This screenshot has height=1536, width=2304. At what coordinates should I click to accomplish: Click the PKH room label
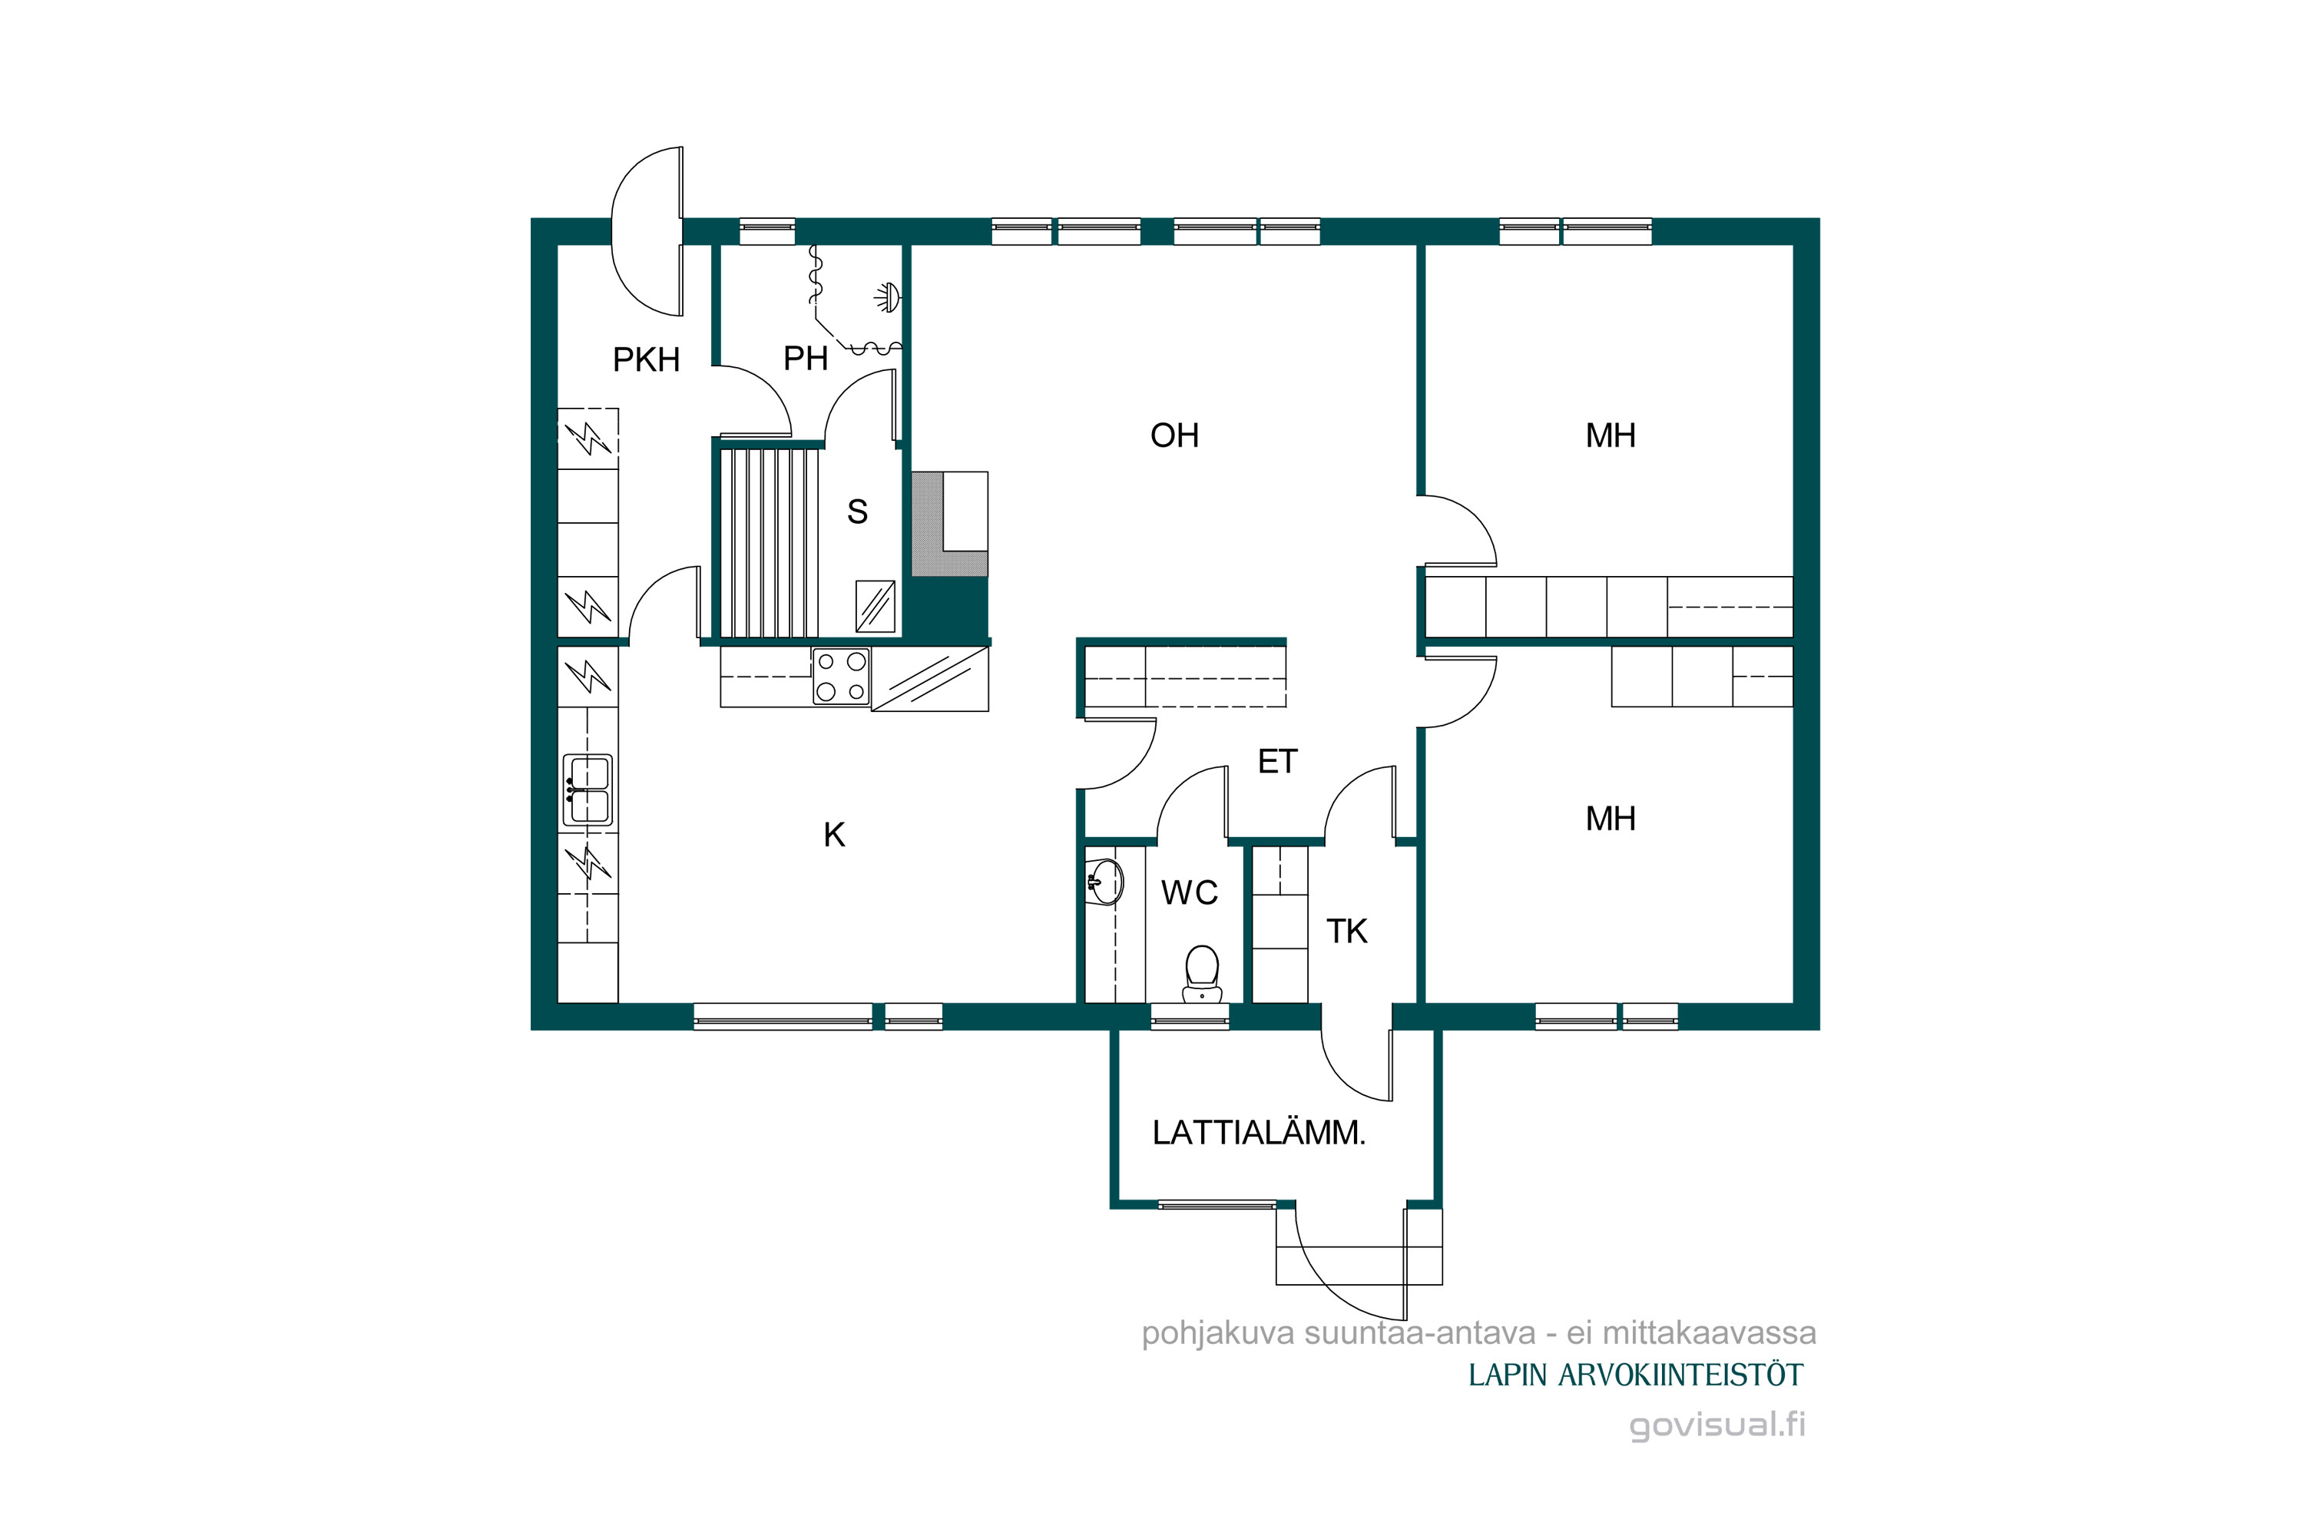[646, 360]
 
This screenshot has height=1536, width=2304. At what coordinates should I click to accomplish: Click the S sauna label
[857, 511]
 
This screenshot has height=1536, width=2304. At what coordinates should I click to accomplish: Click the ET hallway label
[1277, 761]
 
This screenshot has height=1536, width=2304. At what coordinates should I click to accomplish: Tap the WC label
[1189, 892]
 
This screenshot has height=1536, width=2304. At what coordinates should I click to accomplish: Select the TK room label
[1347, 931]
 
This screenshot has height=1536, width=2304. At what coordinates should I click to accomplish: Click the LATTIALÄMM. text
[1259, 1132]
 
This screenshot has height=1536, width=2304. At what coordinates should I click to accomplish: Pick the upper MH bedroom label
[1610, 435]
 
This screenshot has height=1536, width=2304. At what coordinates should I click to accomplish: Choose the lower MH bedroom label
[1610, 818]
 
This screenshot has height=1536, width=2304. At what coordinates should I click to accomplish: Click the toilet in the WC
[1202, 974]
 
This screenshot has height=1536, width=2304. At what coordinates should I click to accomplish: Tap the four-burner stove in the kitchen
[842, 677]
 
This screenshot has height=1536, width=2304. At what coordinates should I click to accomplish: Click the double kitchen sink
[588, 790]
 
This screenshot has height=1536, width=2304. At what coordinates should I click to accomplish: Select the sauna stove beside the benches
[875, 607]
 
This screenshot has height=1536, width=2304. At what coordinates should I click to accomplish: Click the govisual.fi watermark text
[1717, 1425]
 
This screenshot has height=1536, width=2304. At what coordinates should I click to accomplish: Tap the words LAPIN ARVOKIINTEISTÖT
[1635, 1375]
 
